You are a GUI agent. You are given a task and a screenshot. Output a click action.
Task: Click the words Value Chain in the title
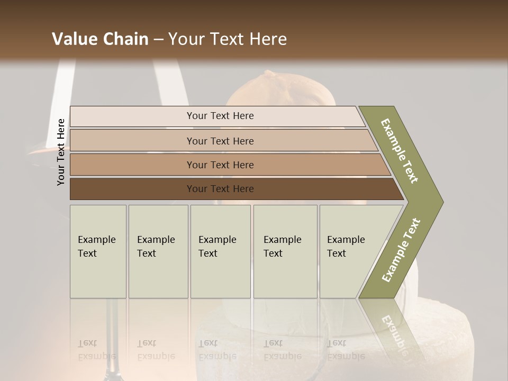tap(100, 39)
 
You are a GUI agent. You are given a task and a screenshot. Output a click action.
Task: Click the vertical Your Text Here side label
tap(61, 152)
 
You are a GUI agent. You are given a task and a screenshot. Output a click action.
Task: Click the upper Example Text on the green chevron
tap(400, 151)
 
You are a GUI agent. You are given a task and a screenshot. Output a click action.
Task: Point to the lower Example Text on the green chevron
tap(401, 250)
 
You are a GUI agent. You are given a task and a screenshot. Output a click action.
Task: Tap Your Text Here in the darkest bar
tap(220, 189)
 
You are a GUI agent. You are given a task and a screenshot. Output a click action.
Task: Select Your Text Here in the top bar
tap(220, 116)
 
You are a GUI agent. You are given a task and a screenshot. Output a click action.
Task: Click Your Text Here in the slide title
tap(228, 39)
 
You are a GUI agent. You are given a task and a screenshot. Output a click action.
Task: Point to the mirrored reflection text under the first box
tap(97, 350)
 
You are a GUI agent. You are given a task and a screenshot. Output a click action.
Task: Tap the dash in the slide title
tap(158, 39)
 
